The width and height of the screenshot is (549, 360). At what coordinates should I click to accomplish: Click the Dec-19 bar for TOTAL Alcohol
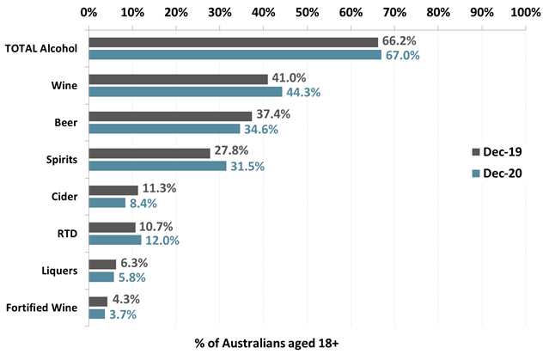(x=233, y=42)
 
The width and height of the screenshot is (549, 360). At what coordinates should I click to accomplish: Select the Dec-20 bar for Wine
(x=185, y=92)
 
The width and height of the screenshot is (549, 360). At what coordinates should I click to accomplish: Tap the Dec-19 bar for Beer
(x=170, y=116)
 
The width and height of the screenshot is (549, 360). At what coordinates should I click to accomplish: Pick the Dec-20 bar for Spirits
(x=157, y=166)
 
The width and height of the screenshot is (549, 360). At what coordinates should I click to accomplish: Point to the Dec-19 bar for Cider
(x=113, y=190)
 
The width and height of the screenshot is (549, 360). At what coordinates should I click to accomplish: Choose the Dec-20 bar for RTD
(x=114, y=241)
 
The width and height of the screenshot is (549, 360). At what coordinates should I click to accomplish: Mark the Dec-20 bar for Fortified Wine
(x=96, y=314)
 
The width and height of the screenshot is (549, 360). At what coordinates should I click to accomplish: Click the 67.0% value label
(x=402, y=55)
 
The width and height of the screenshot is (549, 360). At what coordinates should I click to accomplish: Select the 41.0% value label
(x=289, y=79)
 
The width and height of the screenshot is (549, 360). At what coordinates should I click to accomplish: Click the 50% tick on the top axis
(x=307, y=13)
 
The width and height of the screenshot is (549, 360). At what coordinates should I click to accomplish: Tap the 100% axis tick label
(x=524, y=13)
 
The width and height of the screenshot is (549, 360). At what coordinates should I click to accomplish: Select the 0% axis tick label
(x=88, y=13)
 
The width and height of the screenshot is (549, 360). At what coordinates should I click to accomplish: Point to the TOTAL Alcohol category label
(x=41, y=48)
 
